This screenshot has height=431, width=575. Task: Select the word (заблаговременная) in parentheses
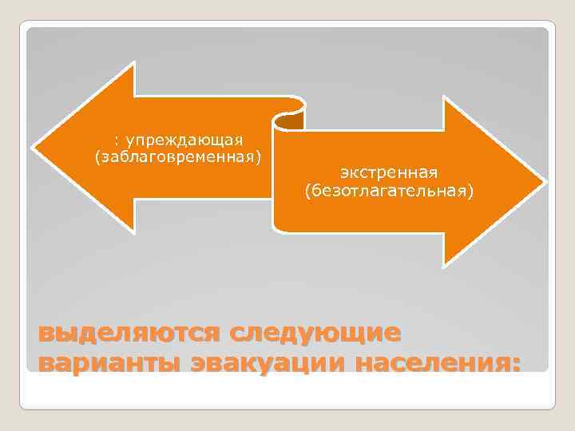[x=178, y=156]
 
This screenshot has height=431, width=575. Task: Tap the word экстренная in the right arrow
[x=389, y=173]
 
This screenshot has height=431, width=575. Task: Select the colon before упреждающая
[x=117, y=140]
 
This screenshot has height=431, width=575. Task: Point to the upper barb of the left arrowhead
[x=135, y=65]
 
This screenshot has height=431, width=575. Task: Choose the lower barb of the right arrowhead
[x=444, y=263]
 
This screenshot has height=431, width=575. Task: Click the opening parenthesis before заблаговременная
[x=98, y=156]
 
